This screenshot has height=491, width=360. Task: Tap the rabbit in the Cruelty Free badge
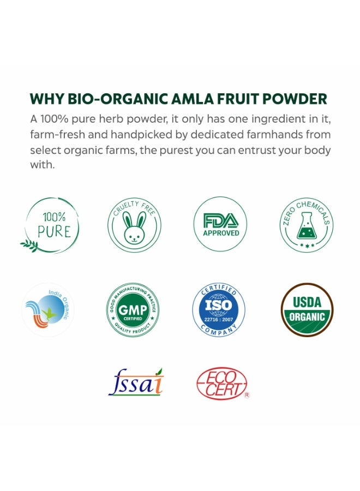[x=134, y=227]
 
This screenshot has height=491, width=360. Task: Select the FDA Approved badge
[x=220, y=224]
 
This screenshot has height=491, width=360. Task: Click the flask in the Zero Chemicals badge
[x=306, y=226]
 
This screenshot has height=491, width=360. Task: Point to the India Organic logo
[x=48, y=310]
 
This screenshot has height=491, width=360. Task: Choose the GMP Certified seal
[x=133, y=310]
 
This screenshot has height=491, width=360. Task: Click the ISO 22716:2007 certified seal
[x=219, y=309]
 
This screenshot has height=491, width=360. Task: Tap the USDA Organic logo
[x=307, y=310]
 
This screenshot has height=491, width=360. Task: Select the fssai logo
[x=136, y=382]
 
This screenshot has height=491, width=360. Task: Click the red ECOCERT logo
[x=222, y=384]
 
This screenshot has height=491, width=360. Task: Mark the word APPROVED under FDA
[x=221, y=233]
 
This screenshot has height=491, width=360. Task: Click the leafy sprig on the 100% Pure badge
[x=29, y=245]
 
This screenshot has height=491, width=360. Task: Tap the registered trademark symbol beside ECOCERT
[x=247, y=395]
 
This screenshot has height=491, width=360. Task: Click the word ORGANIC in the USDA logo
[x=307, y=317]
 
